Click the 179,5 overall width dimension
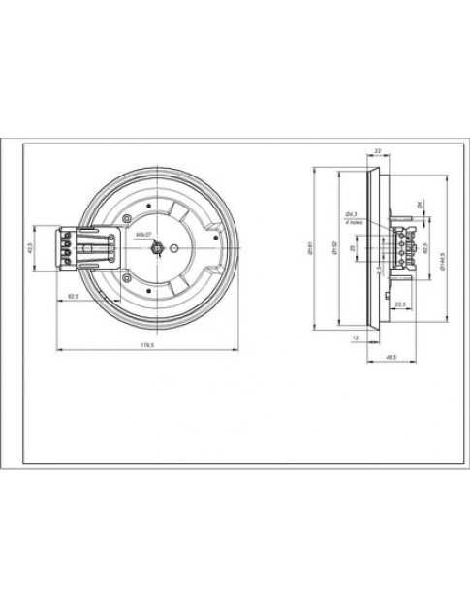[148, 343]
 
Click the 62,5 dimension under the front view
[73, 294]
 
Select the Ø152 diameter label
[332, 249]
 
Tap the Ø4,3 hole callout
[352, 213]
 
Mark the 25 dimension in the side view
[353, 249]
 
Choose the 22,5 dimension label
[399, 304]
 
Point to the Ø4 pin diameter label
[419, 207]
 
